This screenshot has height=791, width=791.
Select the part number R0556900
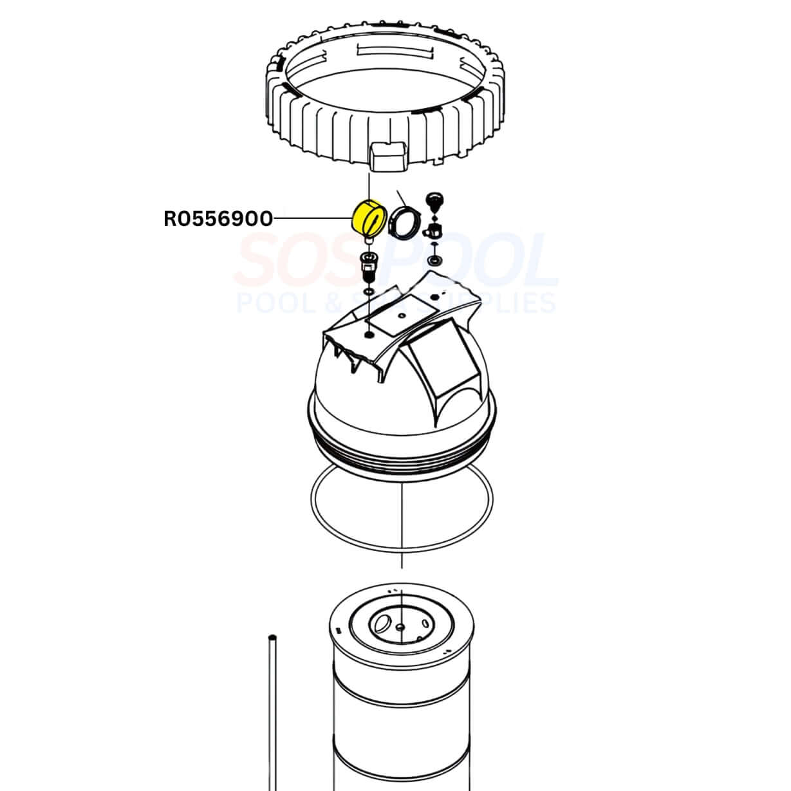[x=218, y=219]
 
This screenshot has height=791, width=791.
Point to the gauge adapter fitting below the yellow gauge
[x=368, y=265]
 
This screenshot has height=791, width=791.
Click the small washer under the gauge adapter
[x=368, y=292]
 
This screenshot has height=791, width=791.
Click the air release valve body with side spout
[x=435, y=229]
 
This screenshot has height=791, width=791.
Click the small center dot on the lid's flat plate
[x=400, y=315]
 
